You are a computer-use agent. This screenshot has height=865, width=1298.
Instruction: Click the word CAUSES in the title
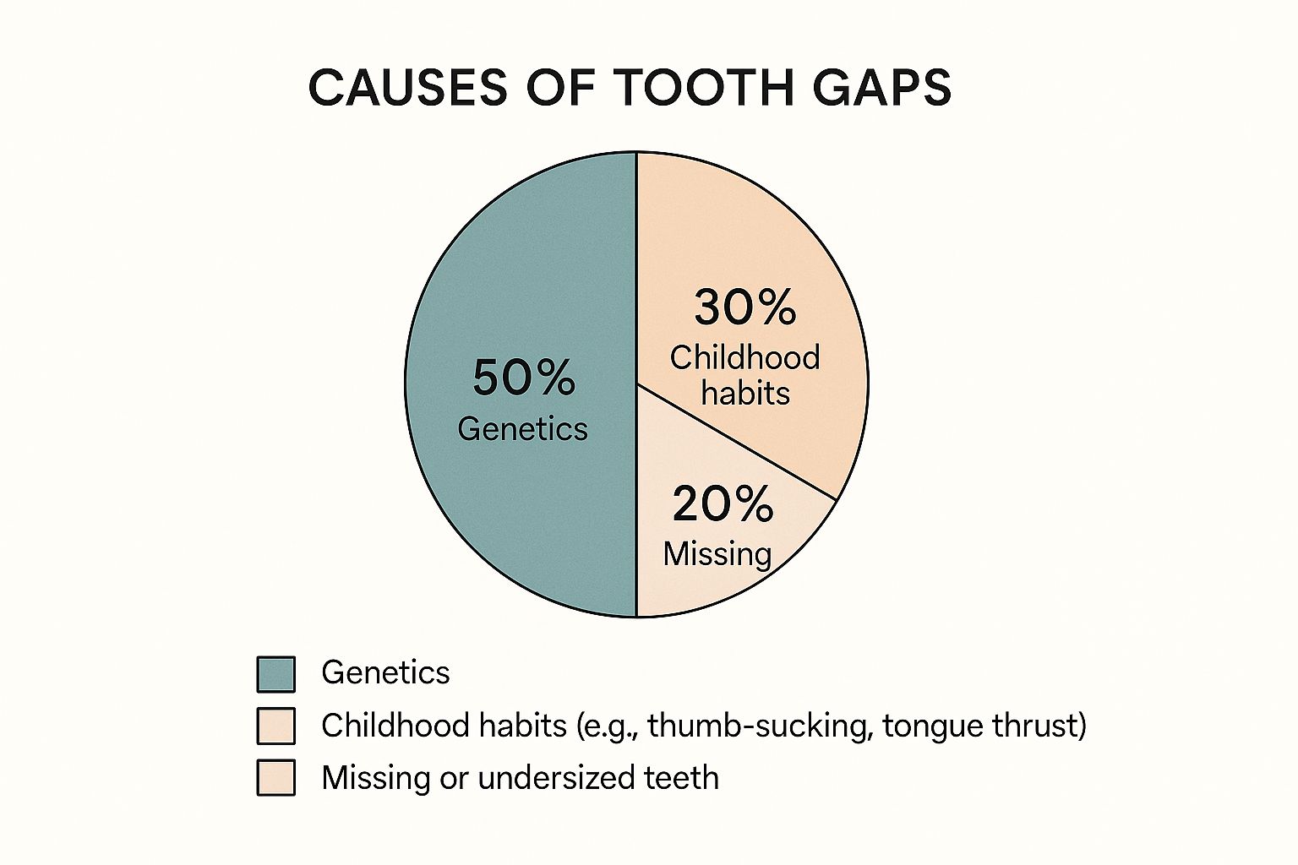(x=407, y=87)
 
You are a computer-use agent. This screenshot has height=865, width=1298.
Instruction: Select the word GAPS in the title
(x=873, y=87)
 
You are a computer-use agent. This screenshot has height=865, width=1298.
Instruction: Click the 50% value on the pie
(x=523, y=378)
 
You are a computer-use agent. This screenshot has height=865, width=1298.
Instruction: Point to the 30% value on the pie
(x=744, y=307)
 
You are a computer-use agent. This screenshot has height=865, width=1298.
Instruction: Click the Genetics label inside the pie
(x=522, y=429)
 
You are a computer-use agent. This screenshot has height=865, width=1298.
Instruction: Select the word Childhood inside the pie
(x=744, y=358)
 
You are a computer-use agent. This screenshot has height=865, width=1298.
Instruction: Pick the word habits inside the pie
(x=745, y=394)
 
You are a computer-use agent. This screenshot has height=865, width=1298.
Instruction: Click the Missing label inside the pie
(x=717, y=554)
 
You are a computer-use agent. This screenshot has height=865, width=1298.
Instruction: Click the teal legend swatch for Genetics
(x=275, y=674)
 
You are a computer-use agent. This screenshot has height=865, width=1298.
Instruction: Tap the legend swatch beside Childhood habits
(x=275, y=726)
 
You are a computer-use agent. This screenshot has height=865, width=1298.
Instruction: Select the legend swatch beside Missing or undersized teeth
(x=275, y=777)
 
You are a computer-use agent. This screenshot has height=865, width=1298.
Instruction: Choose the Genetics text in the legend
(x=385, y=673)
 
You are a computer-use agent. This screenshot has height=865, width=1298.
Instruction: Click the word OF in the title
(x=559, y=87)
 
